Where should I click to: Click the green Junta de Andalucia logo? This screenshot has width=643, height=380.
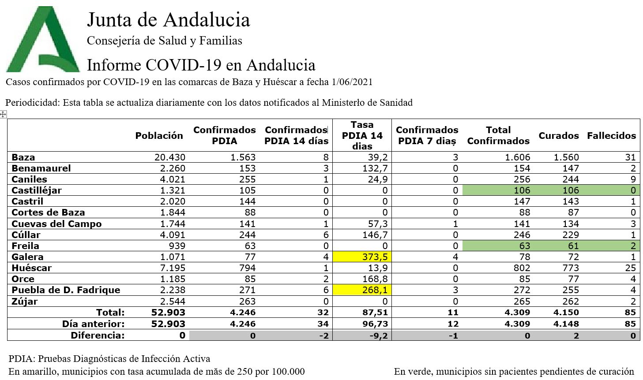(x=43, y=40)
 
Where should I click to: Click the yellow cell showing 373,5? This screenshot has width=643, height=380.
(x=362, y=257)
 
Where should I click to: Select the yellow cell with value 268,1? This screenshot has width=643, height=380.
(x=362, y=290)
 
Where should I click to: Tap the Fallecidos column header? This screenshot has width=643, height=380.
(x=611, y=136)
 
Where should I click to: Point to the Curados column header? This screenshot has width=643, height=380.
(x=558, y=136)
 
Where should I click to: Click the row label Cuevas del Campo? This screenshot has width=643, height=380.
(x=56, y=224)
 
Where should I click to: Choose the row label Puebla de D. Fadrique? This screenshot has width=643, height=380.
(x=66, y=290)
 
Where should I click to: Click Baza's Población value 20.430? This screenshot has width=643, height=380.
(x=170, y=157)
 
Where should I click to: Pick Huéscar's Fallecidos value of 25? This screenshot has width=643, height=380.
(x=630, y=268)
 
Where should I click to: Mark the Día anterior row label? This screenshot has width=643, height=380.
(x=93, y=324)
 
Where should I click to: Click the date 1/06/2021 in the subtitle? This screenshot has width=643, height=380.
(x=352, y=82)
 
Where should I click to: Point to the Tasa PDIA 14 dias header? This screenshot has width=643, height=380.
(x=362, y=135)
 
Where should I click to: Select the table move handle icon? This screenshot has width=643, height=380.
(x=3, y=115)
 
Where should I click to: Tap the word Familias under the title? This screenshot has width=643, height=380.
(x=221, y=41)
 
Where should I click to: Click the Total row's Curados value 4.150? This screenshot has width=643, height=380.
(x=566, y=313)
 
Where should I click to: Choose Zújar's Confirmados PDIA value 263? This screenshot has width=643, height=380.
(x=247, y=302)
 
